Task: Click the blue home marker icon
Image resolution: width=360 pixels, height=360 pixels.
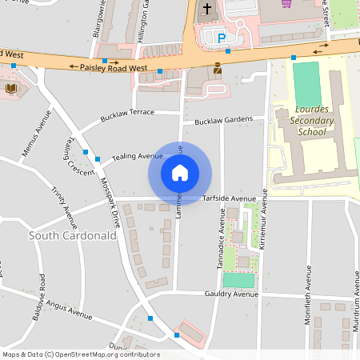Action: coord(180,171)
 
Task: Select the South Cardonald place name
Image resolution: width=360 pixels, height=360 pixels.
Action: coord(72,235)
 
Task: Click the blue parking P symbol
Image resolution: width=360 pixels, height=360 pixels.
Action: coord(222,37)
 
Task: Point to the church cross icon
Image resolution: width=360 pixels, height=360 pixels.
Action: coord(207,10)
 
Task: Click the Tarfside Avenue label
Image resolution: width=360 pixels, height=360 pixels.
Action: coord(229,198)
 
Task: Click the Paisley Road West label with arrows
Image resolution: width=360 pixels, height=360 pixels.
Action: coord(114,69)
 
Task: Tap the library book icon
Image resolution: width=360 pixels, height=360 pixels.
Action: coord(12,87)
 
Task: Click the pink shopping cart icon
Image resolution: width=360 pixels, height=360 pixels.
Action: coord(286,4)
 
